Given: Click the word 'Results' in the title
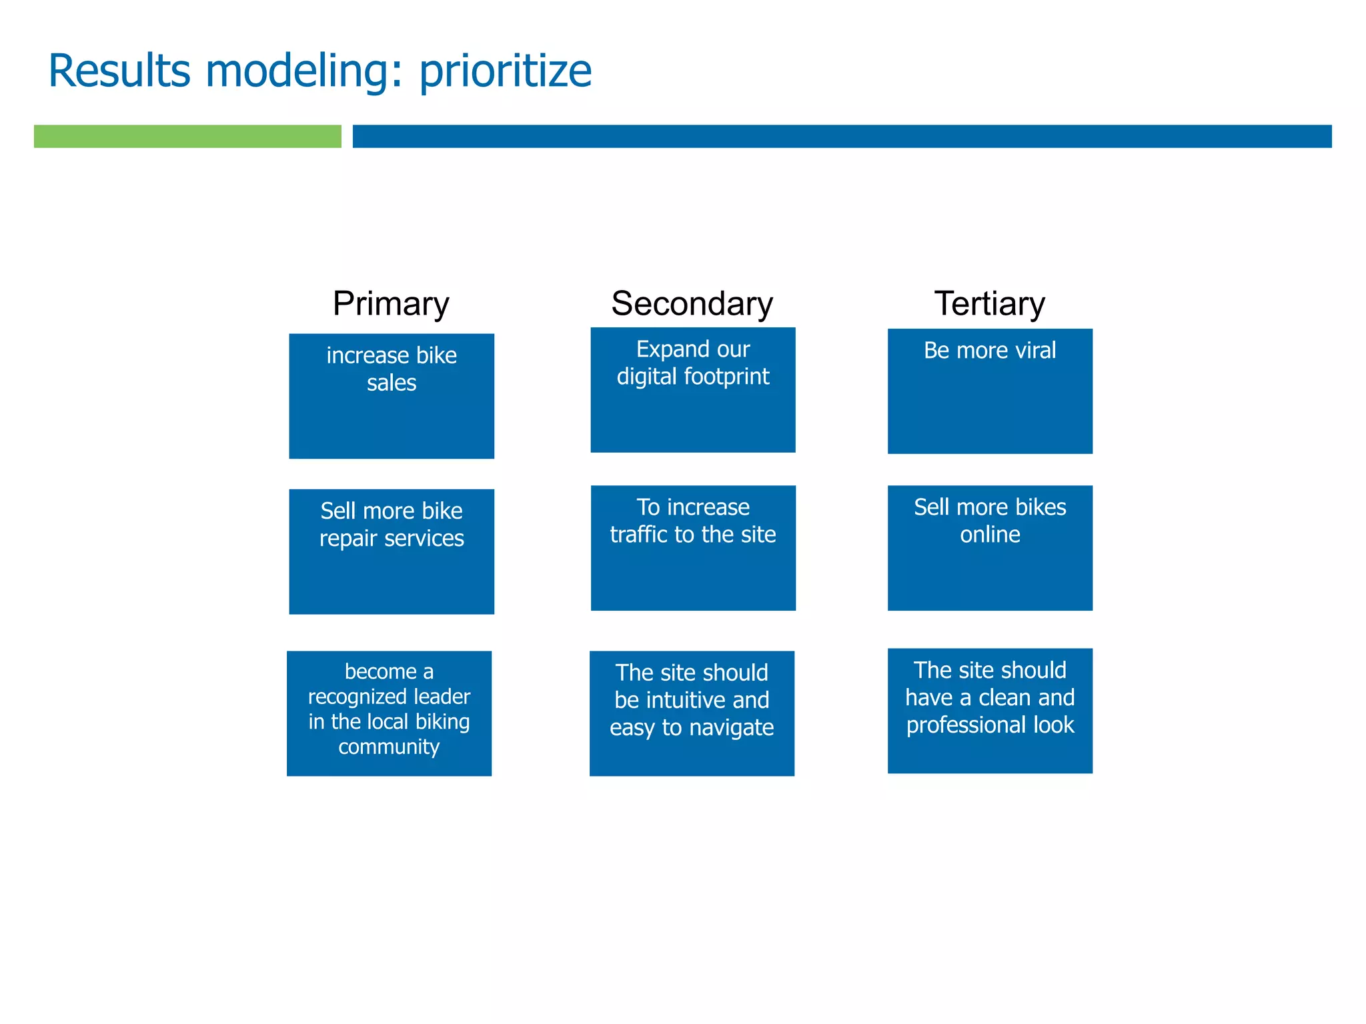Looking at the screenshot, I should point(119,71).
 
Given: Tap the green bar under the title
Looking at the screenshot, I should point(187,136).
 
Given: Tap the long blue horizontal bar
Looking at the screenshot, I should point(842,136).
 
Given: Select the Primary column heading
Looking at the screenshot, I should point(391,304).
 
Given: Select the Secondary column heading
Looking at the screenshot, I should point(692,304).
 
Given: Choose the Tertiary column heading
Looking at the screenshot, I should point(989,304).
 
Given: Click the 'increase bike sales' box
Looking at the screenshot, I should point(392,396).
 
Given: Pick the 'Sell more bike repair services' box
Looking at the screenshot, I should point(392,551).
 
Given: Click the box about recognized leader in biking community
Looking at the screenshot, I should point(389,713).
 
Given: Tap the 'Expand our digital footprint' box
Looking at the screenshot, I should point(692,390).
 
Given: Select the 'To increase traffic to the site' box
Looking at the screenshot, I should point(693,547).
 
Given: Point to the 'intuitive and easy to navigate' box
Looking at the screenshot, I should point(692,713).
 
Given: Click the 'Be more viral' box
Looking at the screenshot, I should point(990,391).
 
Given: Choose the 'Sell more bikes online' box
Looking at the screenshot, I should point(990,547).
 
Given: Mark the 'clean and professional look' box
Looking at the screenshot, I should point(990,710).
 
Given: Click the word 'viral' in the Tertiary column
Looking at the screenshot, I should point(1033,351).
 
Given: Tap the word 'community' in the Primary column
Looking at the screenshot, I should point(389,747).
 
